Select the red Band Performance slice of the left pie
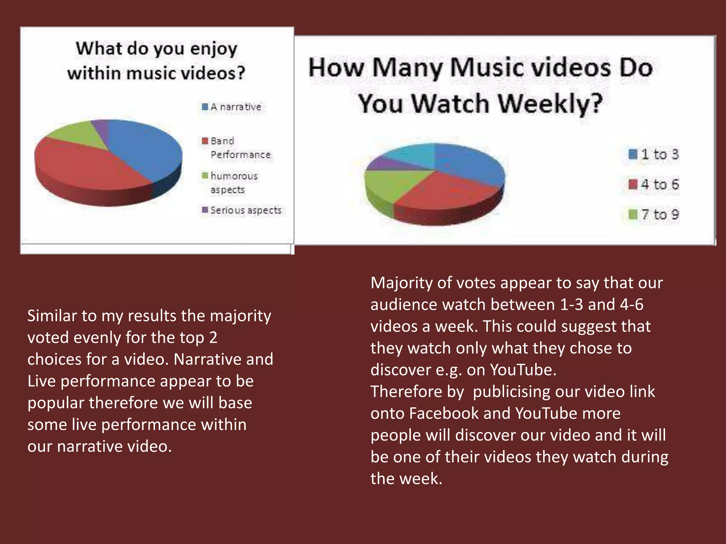89,166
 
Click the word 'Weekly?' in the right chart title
550,103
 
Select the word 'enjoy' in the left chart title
213,49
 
